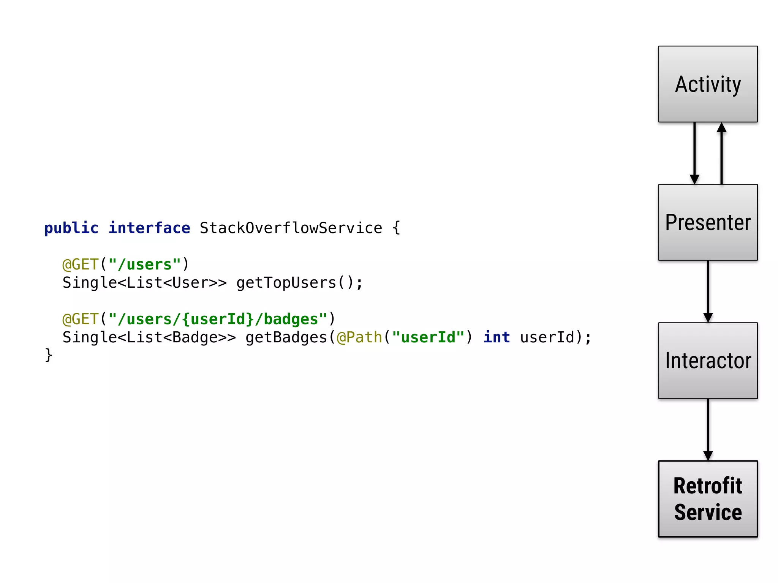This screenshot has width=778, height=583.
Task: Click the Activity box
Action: pos(708,84)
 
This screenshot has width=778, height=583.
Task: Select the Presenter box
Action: pos(708,222)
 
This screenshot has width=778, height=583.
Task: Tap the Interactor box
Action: pos(708,361)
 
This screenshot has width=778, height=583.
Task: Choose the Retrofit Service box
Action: pos(708,499)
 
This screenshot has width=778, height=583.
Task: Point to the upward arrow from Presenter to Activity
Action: pos(721,153)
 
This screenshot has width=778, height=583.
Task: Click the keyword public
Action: pos(71,228)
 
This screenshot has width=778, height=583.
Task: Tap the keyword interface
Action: pos(149,228)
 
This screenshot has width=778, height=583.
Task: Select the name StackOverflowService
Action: pos(291,228)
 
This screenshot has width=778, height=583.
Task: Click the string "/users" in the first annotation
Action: pos(145,265)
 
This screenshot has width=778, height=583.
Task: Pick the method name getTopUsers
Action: pos(286,283)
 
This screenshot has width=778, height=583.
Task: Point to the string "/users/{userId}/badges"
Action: pos(218,319)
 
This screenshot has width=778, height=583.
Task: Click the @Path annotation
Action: pos(359,337)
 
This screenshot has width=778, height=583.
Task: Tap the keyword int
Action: pos(497,337)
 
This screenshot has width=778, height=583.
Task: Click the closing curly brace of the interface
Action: pos(48,355)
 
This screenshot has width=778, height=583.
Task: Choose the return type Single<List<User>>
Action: pos(145,283)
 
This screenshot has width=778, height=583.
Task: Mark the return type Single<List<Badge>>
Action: pos(149,337)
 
